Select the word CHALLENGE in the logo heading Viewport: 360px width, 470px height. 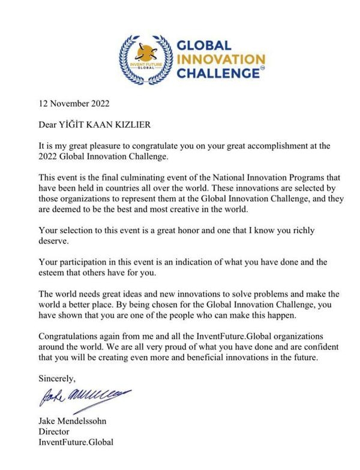point(215,74)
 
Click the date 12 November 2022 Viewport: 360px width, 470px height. point(74,103)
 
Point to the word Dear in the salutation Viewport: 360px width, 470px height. point(49,125)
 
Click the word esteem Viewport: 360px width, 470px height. point(52,273)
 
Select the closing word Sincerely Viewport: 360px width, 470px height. point(57,379)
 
